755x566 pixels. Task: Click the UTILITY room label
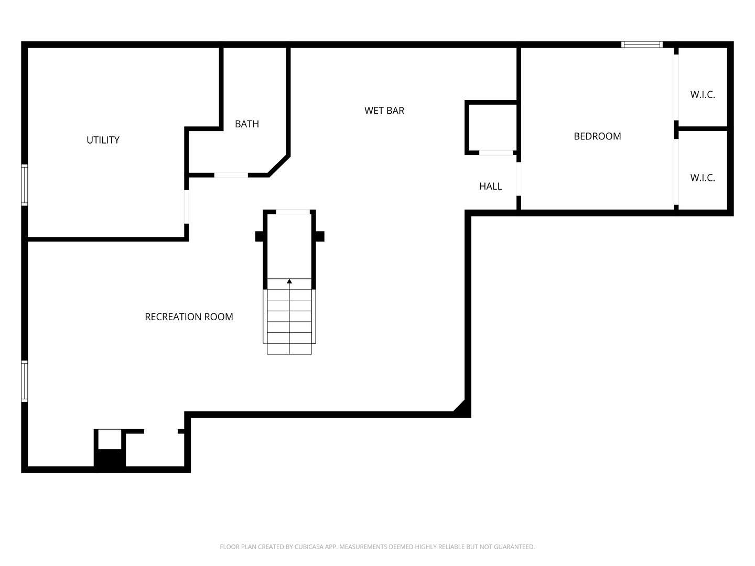click(103, 140)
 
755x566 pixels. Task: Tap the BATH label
click(246, 124)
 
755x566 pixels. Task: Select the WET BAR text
click(384, 111)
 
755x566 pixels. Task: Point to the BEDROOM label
click(597, 136)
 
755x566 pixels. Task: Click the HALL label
click(490, 186)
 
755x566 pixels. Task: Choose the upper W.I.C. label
click(702, 95)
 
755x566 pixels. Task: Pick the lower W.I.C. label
click(702, 178)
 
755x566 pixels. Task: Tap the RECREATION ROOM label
click(189, 317)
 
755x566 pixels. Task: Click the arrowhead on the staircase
click(289, 281)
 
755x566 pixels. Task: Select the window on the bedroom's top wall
click(642, 45)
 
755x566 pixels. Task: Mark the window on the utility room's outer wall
click(24, 185)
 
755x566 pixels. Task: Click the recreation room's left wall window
click(24, 381)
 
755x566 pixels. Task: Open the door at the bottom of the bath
click(231, 175)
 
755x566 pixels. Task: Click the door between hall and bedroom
click(519, 179)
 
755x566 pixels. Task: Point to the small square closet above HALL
click(491, 127)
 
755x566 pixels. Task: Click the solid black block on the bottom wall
click(110, 461)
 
